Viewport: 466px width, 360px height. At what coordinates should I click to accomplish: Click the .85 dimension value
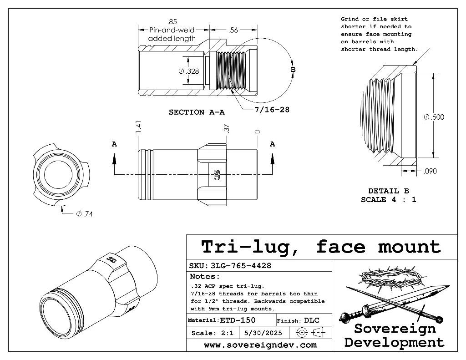coord(172,22)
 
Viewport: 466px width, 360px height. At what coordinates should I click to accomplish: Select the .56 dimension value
coord(234,30)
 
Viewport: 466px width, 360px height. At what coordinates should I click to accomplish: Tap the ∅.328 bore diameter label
coord(189,71)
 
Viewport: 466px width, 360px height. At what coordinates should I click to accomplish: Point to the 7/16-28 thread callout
coord(272,109)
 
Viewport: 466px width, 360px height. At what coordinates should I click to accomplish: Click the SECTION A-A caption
coord(197,112)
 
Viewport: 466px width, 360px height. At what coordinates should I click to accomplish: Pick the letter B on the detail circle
coord(293,70)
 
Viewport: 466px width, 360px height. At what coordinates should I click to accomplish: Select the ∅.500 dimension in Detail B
coord(434,117)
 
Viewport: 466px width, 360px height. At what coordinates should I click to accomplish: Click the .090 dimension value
coord(430,171)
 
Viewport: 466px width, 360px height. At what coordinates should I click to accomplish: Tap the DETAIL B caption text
coord(389,191)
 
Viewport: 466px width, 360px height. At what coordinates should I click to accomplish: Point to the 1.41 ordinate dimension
coord(139,127)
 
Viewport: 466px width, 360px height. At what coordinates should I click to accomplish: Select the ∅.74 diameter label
coord(85,214)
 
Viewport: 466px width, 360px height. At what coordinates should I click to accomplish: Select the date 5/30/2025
coord(263,333)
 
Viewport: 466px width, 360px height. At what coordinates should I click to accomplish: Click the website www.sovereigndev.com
coord(260,345)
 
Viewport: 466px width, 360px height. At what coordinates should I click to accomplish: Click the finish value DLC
coord(312,320)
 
